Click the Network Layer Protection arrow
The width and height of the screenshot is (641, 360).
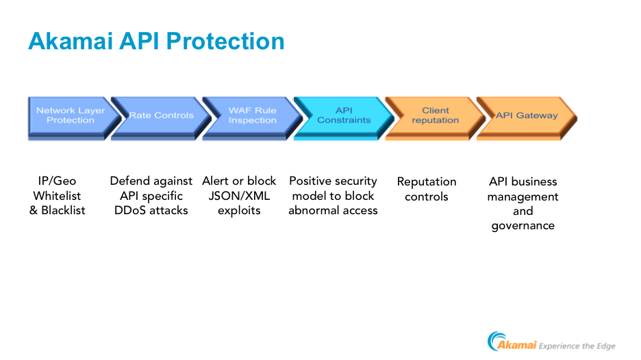71,118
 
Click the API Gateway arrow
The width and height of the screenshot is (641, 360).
527,118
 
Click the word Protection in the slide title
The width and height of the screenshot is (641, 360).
225,41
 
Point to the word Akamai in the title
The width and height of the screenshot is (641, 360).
71,41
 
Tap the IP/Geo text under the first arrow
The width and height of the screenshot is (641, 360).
57,181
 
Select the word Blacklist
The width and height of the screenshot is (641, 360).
64,210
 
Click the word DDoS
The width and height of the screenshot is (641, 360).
130,210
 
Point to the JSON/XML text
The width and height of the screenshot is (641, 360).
239,196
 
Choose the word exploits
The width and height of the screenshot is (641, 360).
239,211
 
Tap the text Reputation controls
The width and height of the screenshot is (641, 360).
427,189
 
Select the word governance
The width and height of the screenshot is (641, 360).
523,226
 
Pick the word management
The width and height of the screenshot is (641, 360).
523,197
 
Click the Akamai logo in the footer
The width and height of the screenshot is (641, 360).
512,342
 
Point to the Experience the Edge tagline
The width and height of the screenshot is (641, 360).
577,346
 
